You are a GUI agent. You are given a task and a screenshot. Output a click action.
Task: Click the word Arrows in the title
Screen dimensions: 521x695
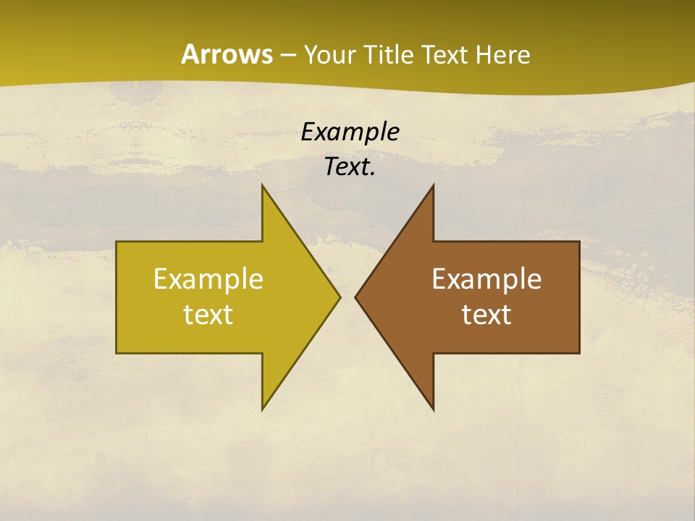point(226,54)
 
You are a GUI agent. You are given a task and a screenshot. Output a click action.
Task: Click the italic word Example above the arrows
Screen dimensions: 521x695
point(350,132)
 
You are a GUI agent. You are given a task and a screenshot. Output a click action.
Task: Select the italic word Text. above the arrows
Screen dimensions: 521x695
point(350,166)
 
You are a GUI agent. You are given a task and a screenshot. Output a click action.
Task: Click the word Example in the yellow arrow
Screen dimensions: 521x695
point(208,279)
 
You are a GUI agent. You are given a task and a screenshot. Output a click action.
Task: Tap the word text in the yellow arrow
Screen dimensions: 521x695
point(208,315)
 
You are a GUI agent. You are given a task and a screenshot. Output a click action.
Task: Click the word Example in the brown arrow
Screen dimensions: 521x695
point(486,279)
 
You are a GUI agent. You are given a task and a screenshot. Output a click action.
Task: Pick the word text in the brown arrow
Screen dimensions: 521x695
point(486,315)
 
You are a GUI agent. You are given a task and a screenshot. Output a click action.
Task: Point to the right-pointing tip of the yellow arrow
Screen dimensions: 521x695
point(340,297)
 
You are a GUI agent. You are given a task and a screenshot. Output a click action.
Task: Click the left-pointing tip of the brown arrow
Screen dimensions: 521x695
point(355,297)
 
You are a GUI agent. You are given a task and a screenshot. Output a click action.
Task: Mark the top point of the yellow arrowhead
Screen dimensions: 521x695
point(262,186)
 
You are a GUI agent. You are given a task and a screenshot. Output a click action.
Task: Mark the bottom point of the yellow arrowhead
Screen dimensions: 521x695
point(262,410)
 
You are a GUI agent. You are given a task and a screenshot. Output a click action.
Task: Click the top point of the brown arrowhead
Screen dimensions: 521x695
point(433,186)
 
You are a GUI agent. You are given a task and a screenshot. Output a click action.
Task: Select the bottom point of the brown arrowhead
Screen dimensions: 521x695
point(433,410)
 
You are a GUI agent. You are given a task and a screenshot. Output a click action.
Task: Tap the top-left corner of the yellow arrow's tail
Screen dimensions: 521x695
point(117,242)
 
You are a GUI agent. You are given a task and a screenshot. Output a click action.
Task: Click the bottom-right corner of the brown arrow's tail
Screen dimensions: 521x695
point(579,352)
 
